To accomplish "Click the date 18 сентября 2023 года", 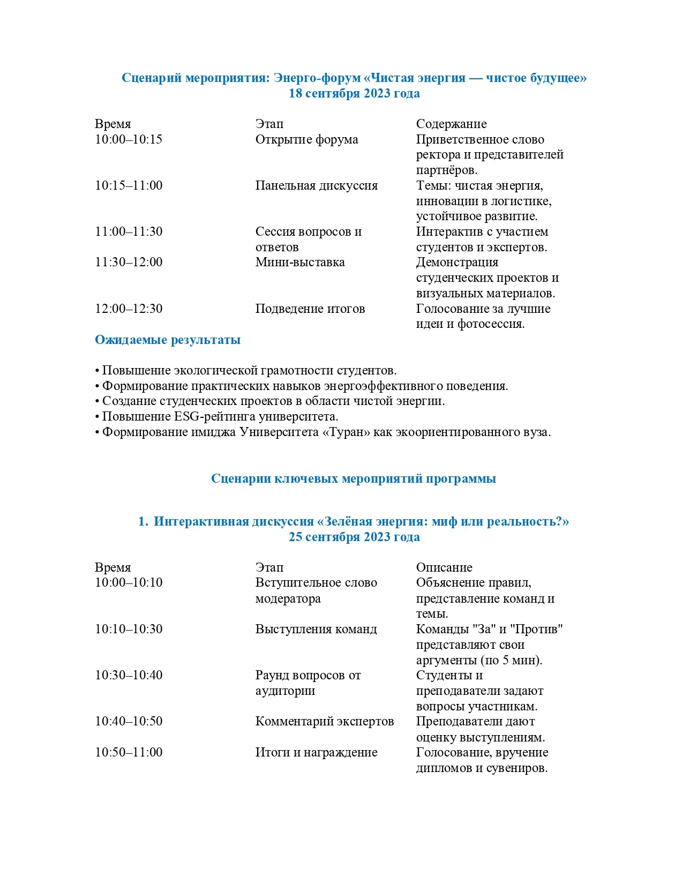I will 354,93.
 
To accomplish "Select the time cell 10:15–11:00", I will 129,185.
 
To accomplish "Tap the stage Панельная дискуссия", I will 316,185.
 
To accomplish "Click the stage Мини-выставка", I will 300,262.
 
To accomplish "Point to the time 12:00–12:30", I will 129,309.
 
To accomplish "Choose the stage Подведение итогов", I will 310,309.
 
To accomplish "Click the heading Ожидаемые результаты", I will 168,340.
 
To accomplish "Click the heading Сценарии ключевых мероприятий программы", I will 354,478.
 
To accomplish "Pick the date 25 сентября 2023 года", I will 354,537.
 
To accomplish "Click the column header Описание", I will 444,567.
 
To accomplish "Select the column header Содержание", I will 451,124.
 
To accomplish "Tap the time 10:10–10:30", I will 129,629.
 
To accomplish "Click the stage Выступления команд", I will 316,629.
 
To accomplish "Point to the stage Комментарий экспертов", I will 324,721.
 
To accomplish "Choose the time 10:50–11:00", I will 129,752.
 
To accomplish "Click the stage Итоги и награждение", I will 316,752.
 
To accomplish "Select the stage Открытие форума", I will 306,139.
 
